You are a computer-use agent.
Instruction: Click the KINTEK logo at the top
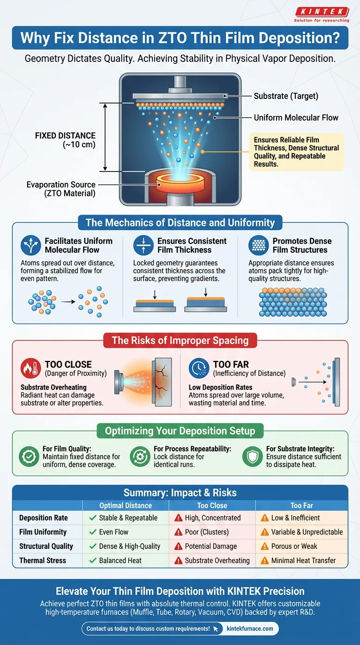coord(322,15)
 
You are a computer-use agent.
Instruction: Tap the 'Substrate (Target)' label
coord(285,96)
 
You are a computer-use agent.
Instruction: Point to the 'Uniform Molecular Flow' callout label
coord(296,118)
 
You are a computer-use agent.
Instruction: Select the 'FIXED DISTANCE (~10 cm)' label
coord(65,140)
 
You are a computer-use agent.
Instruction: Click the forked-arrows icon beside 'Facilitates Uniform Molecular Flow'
coord(30,245)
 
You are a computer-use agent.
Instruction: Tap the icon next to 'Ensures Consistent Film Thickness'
coord(143,245)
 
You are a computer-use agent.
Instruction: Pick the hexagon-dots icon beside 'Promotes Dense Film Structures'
coord(258,245)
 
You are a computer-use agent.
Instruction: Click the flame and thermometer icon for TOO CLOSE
coord(30,368)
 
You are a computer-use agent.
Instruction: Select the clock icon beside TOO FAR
coord(199,368)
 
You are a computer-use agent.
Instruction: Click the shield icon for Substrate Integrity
coord(252,457)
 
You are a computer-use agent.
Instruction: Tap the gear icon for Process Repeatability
coord(140,457)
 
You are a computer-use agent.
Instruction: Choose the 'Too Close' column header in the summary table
coord(212,505)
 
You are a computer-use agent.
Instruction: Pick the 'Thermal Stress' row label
coord(43,560)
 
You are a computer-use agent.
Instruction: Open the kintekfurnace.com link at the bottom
coord(250,629)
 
